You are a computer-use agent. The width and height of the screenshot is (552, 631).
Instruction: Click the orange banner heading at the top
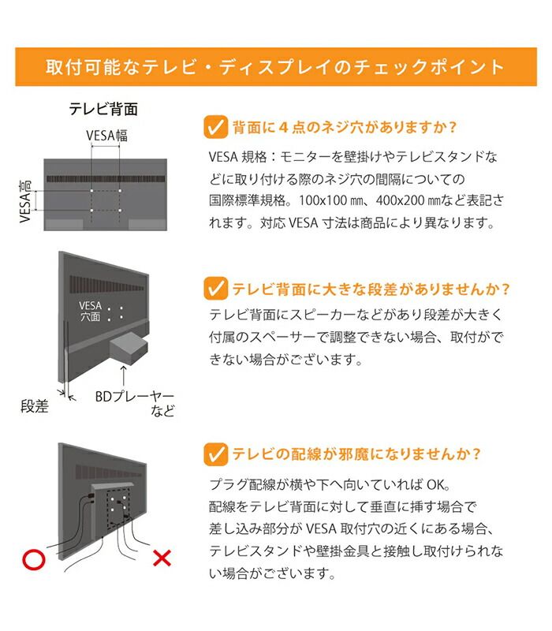(x=275, y=66)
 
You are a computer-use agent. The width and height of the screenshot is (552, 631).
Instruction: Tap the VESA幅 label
(x=106, y=135)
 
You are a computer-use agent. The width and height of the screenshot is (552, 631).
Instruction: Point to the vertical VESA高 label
(x=25, y=200)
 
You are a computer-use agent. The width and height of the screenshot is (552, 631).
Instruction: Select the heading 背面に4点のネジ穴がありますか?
(x=345, y=127)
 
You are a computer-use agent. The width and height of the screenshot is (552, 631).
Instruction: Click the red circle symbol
(x=32, y=561)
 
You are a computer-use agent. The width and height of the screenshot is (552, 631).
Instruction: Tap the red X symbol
(x=161, y=560)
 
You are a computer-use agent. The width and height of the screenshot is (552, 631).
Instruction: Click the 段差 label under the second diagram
(x=35, y=407)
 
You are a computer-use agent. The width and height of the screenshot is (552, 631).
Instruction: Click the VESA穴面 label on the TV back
(x=90, y=310)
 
